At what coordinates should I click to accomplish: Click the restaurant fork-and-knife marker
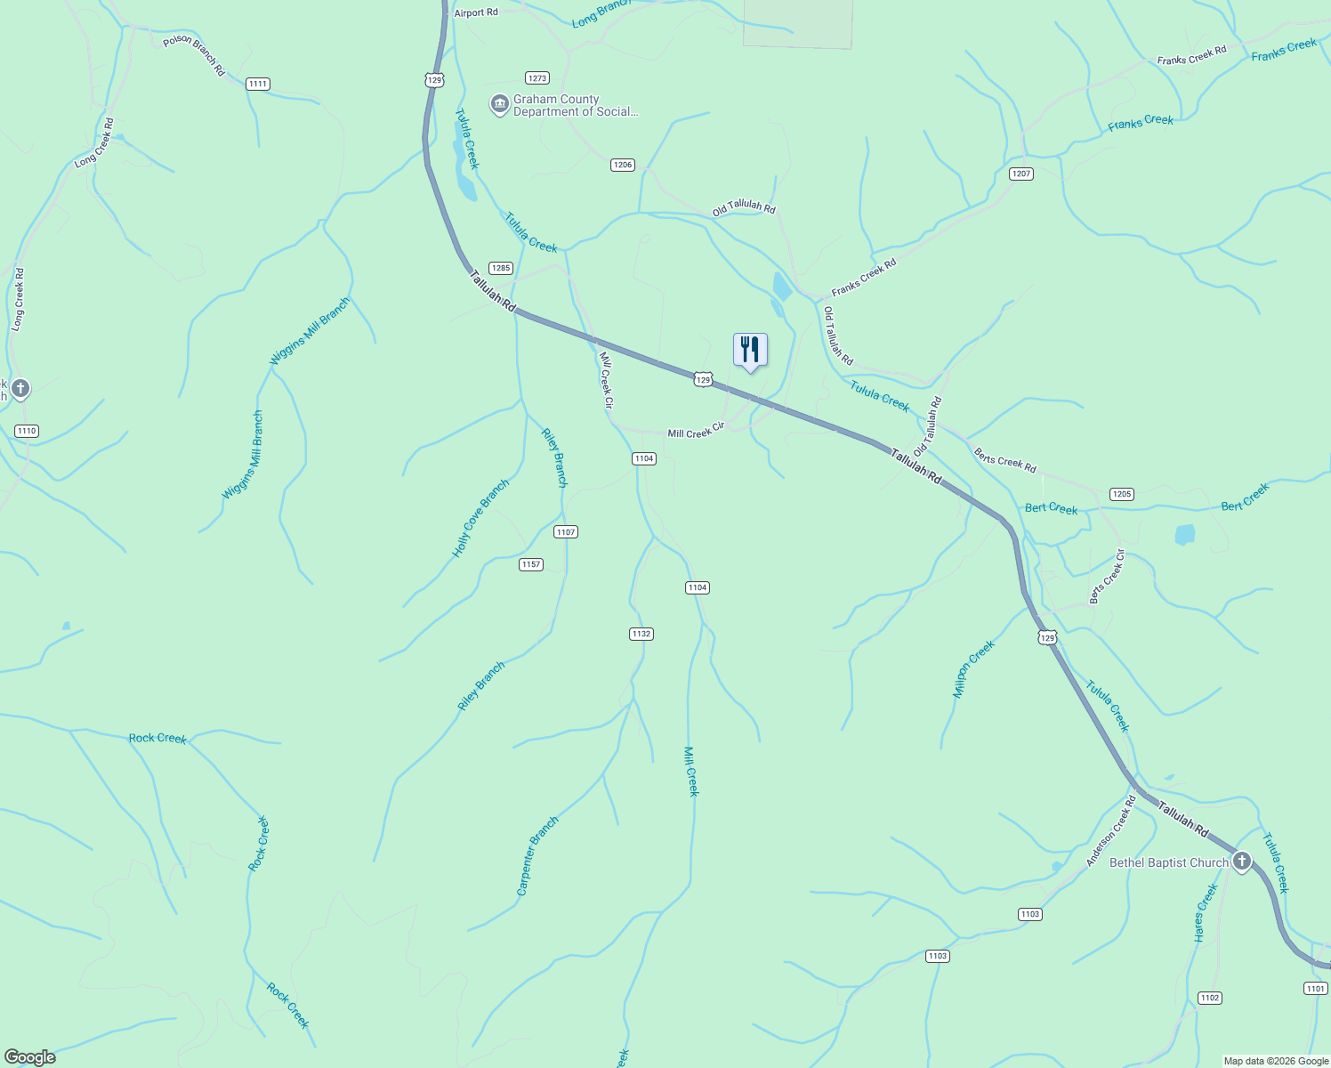[750, 350]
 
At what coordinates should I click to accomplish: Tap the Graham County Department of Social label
[575, 106]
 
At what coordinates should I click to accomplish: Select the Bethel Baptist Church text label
[1168, 862]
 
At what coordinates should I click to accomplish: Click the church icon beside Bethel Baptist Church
[1241, 862]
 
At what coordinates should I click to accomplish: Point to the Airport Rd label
[476, 13]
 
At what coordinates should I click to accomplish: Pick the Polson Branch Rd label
[195, 55]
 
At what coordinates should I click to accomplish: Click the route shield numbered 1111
[257, 84]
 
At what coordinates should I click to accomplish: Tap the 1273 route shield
[536, 78]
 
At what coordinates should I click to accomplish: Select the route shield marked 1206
[622, 165]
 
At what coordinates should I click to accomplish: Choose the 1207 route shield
[1021, 174]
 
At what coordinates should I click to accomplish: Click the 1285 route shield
[501, 268]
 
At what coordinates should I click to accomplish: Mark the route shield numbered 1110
[27, 431]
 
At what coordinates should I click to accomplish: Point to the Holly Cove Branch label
[480, 519]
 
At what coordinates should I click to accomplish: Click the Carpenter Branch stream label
[537, 855]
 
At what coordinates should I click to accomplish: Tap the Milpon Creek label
[973, 669]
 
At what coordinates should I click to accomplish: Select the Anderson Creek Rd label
[1111, 831]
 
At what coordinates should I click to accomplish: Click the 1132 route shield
[641, 634]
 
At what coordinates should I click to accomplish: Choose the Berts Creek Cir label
[1108, 577]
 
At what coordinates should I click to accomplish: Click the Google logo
[29, 1057]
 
